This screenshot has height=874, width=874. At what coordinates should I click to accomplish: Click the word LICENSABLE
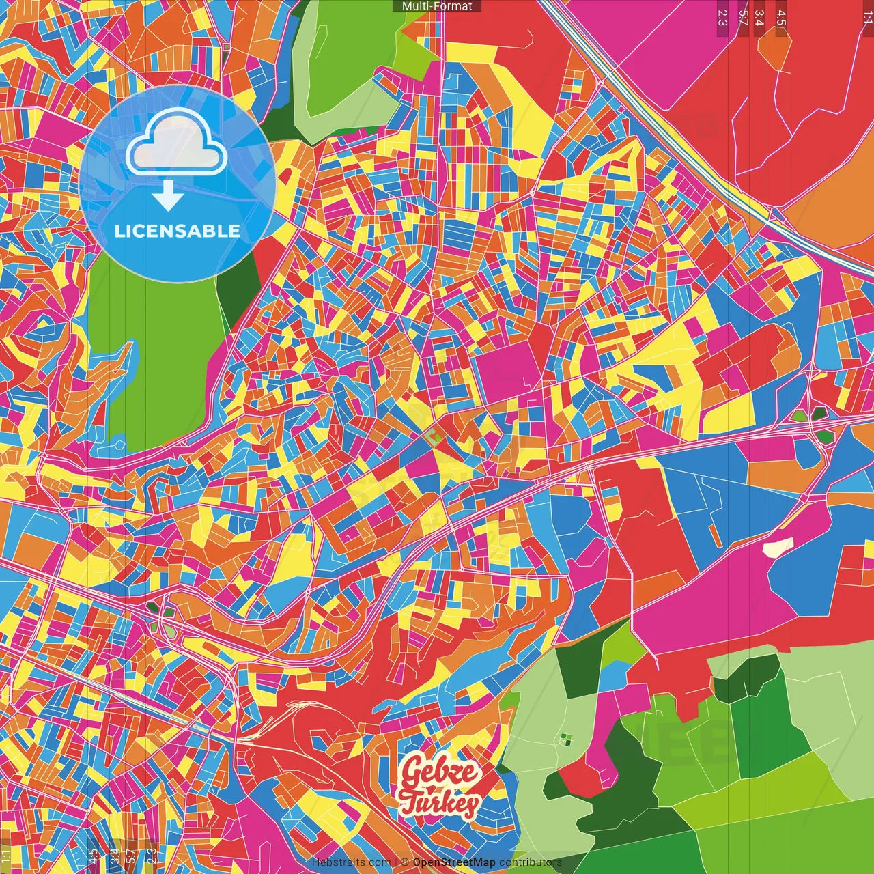click(x=178, y=231)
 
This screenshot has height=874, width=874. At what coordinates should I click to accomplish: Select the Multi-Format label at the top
click(x=437, y=6)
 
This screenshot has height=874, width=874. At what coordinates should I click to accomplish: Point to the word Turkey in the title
click(x=439, y=803)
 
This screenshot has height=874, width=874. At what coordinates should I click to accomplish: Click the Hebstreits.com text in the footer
click(x=352, y=862)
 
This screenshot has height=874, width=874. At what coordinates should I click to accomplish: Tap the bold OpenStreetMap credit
click(x=454, y=862)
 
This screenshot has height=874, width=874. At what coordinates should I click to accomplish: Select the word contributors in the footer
click(x=531, y=862)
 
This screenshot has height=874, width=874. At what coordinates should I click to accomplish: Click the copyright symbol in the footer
click(x=404, y=862)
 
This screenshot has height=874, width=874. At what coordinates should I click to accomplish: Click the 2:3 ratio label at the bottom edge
click(x=151, y=856)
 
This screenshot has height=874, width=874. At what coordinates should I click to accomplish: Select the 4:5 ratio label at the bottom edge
click(x=94, y=856)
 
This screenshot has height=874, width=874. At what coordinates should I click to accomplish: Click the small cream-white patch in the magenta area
click(x=778, y=547)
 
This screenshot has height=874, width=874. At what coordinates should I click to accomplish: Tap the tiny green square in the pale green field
click(x=565, y=738)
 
